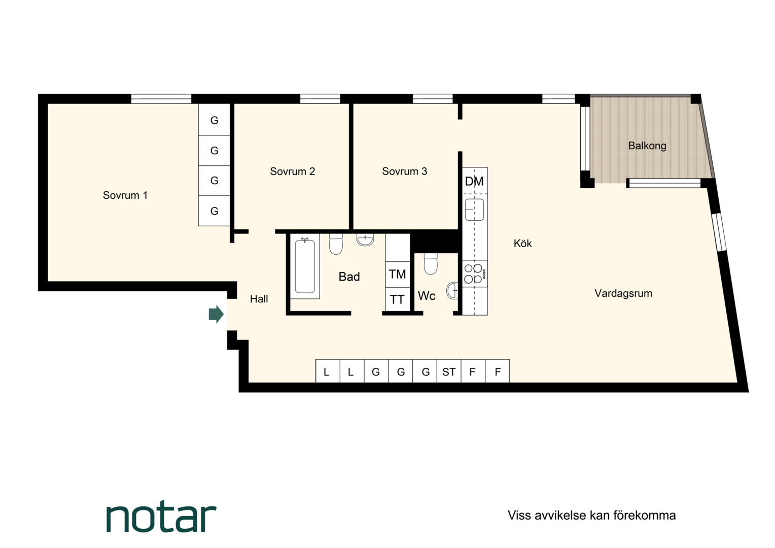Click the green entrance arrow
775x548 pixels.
pos(216,314)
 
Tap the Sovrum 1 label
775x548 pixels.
pos(125,195)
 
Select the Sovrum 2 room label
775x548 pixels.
pos(292,172)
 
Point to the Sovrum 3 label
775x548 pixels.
pos(404,171)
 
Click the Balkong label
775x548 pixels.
pos(647,146)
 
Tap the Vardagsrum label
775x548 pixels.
pos(623,293)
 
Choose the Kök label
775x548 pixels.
pos(522,244)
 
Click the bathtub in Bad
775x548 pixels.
pos(305,266)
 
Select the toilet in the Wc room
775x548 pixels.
pos(431,264)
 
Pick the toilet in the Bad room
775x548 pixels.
pos(336,244)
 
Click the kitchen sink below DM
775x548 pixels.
pos(474,210)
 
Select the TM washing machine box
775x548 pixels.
pos(398,275)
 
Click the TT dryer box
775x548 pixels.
pos(398,299)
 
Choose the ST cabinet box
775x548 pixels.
pos(449,371)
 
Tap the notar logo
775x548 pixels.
pos(161,516)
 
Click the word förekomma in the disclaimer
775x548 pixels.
pos(645,516)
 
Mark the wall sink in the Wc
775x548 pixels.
pos(452,290)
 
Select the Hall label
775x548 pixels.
pos(259,299)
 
